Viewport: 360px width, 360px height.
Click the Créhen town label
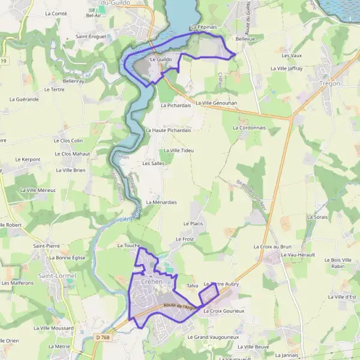pos(152,281)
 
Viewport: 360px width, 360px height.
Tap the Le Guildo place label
pos(161,60)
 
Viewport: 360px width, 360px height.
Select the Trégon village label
pos(330,83)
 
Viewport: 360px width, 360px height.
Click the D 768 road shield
pos(103,338)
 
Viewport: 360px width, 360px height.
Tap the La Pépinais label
pos(203,27)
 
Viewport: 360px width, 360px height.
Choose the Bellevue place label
pos(245,38)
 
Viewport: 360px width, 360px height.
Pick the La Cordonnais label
pos(248,128)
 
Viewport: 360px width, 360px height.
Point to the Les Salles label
pos(153,163)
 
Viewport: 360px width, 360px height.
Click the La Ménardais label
pos(161,202)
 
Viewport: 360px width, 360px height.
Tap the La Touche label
pos(128,245)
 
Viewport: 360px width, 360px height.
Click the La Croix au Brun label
pos(272,247)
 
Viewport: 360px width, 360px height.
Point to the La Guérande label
pos(24,99)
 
